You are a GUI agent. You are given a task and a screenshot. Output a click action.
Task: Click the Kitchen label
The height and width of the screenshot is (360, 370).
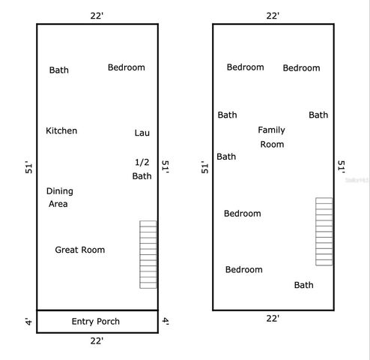coord(61,130)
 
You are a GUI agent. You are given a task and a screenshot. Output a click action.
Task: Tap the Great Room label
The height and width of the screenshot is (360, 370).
coord(80,250)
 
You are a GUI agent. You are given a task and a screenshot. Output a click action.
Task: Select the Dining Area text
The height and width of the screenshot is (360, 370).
coord(59,197)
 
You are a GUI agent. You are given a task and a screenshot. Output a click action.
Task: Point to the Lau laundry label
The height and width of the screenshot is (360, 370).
coord(142,133)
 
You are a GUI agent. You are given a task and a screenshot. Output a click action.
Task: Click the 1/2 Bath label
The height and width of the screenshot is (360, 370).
coord(142,169)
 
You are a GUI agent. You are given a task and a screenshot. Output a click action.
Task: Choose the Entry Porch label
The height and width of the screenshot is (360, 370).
coord(95,322)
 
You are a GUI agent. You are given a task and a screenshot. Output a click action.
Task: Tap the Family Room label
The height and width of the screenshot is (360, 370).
coord(272,136)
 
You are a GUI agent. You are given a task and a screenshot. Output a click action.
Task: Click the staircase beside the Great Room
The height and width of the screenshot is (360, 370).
coord(148,254)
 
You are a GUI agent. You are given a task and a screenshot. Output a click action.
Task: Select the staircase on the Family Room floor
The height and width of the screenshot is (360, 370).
coord(324,231)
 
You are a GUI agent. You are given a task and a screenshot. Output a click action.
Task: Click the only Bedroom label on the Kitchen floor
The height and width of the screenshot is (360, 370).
coord(126,67)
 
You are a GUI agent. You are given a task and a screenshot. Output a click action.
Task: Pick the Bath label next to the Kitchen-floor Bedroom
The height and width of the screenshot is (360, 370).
coord(59,70)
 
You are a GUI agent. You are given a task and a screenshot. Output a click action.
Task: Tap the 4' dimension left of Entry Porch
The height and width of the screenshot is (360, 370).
coord(28,322)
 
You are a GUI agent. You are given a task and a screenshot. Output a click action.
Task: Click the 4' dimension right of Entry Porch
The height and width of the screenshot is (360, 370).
coord(166,322)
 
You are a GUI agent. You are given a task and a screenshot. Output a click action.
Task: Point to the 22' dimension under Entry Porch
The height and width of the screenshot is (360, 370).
coord(97,340)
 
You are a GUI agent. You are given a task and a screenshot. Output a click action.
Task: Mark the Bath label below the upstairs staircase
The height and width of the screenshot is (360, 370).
coord(303,285)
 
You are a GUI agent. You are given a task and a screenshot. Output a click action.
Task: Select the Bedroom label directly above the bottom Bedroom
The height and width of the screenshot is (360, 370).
coord(242,214)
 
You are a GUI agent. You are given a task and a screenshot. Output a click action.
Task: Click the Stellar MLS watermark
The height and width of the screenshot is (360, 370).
coord(357,181)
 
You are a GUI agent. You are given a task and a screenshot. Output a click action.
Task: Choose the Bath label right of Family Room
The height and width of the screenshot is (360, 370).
coord(318,115)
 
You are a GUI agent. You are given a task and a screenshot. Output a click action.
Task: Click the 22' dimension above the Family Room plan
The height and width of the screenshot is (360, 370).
coord(273,16)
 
